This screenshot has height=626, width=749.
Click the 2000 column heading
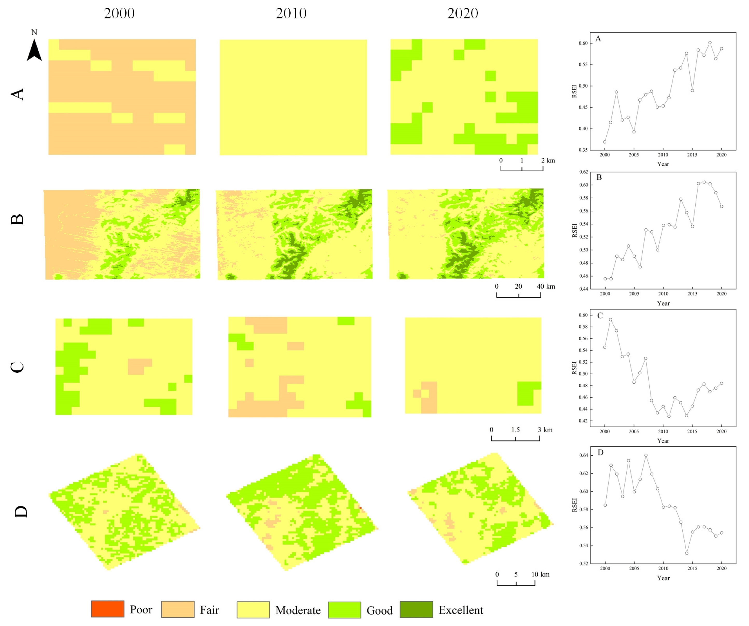pyautogui.click(x=119, y=13)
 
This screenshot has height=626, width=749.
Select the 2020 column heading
pyautogui.click(x=463, y=13)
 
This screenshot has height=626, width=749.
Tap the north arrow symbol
pyautogui.click(x=34, y=50)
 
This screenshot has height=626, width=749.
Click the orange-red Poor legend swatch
pyautogui.click(x=108, y=609)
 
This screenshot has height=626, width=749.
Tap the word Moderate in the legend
pyautogui.click(x=298, y=610)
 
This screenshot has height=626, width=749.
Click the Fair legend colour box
pyautogui.click(x=178, y=609)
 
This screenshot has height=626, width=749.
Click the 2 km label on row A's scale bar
pyautogui.click(x=548, y=160)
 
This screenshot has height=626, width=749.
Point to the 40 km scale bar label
pyautogui.click(x=546, y=286)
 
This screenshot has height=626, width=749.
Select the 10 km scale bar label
pyautogui.click(x=540, y=574)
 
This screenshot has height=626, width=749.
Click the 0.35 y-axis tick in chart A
pyautogui.click(x=583, y=150)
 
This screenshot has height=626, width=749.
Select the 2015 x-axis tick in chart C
pyautogui.click(x=692, y=431)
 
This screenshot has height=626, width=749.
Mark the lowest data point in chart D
pyautogui.click(x=686, y=553)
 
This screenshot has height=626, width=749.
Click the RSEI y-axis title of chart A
pyautogui.click(x=574, y=91)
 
